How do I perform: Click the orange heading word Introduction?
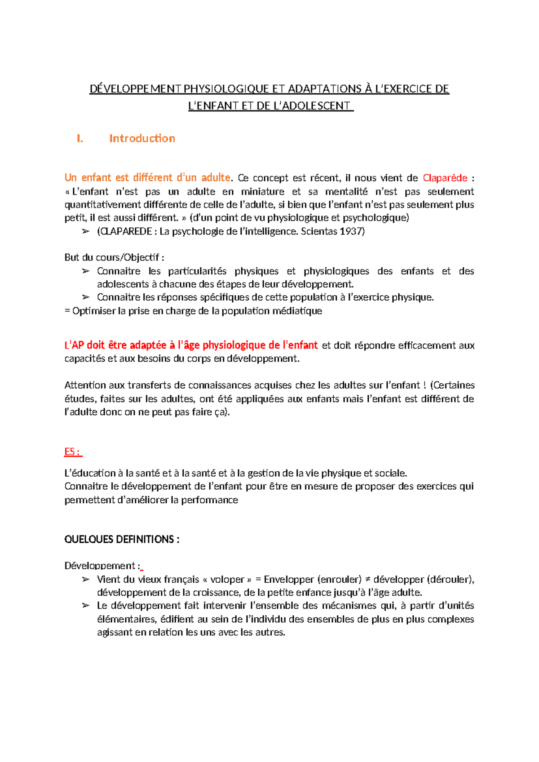coord(142,138)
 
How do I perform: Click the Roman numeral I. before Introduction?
coord(80,138)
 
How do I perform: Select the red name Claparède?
coord(445,178)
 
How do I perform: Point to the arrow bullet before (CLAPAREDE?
coord(85,231)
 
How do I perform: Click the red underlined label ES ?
coord(73,452)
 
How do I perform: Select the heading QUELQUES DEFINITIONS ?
coord(122,539)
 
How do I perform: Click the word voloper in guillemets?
coord(227,580)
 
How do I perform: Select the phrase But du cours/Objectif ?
coord(114,257)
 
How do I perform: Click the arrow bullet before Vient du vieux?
coord(85,580)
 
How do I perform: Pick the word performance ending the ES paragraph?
coord(209,500)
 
